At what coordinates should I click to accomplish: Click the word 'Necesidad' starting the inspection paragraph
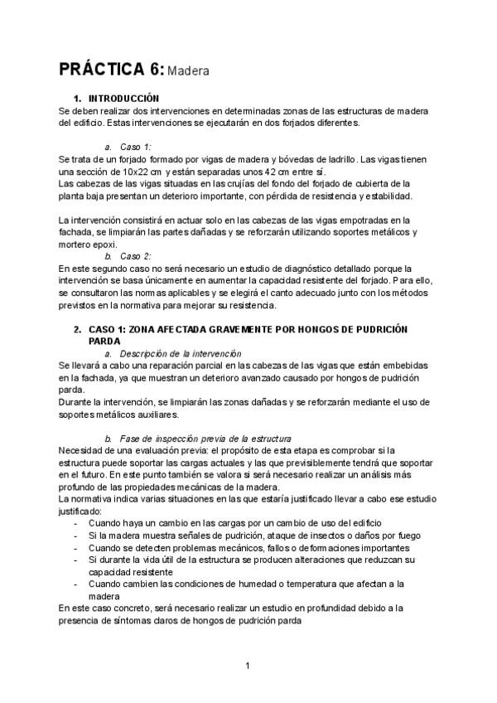pos(81,450)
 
